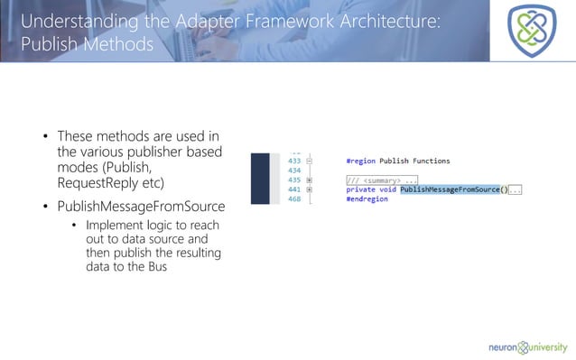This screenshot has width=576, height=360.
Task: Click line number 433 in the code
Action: [x=293, y=161]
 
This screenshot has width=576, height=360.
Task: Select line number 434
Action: [x=293, y=170]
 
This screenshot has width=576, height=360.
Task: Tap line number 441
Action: [x=293, y=189]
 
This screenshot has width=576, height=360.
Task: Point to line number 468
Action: [x=293, y=199]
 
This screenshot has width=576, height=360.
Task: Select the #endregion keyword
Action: [x=367, y=199]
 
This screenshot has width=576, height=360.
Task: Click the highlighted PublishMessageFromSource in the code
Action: [x=449, y=189]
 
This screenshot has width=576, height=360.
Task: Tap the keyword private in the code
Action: [x=362, y=189]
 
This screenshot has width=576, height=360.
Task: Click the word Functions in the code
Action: [x=427, y=161]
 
